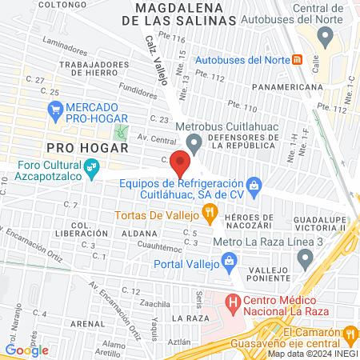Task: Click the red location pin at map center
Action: click(x=181, y=165)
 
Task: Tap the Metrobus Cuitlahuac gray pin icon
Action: click(x=194, y=142)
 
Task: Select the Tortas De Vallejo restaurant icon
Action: click(x=210, y=213)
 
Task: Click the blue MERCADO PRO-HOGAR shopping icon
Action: click(x=55, y=112)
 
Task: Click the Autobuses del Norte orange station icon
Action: click(x=298, y=59)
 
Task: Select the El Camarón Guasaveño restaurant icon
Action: click(x=350, y=334)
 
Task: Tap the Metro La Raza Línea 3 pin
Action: click(x=304, y=258)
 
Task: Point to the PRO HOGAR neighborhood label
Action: click(x=88, y=148)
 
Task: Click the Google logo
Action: click(x=26, y=350)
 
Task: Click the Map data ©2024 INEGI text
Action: click(x=311, y=354)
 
